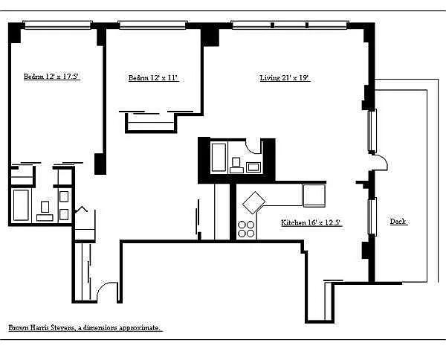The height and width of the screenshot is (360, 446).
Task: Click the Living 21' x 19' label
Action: pyautogui.click(x=285, y=77)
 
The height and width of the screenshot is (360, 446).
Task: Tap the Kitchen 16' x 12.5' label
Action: pyautogui.click(x=311, y=222)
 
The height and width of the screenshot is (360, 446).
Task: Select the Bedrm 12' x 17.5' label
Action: pyautogui.click(x=51, y=77)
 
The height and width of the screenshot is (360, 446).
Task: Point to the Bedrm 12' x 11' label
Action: pyautogui.click(x=153, y=77)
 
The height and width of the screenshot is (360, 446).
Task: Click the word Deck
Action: pyautogui.click(x=398, y=222)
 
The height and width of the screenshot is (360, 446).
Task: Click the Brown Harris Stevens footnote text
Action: pyautogui.click(x=85, y=327)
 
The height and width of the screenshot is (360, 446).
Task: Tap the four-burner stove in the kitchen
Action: pyautogui.click(x=246, y=229)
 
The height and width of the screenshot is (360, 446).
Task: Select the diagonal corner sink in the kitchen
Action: pyautogui.click(x=253, y=202)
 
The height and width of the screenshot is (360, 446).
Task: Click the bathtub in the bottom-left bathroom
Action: pyautogui.click(x=21, y=205)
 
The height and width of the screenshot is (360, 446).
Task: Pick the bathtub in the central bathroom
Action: pyautogui.click(x=219, y=158)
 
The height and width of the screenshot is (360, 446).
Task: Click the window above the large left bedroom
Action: pyautogui.click(x=57, y=25)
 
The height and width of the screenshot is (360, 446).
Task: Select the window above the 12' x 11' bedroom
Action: pyautogui.click(x=152, y=25)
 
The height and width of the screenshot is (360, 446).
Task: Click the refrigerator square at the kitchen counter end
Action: pyautogui.click(x=314, y=195)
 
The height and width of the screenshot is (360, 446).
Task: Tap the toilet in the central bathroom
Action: pyautogui.click(x=236, y=165)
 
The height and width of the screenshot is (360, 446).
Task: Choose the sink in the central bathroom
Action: pyautogui.click(x=253, y=167)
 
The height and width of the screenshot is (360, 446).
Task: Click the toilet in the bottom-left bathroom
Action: pyautogui.click(x=45, y=211)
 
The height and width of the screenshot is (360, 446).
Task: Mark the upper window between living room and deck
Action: pyautogui.click(x=372, y=131)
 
